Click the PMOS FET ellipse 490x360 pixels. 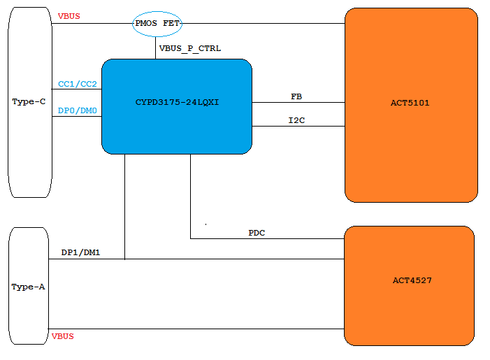[157, 23]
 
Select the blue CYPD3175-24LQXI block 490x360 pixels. [176, 106]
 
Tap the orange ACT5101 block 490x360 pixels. [410, 105]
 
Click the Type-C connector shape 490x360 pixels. [29, 102]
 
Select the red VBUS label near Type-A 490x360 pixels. [63, 336]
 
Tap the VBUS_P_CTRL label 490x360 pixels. [190, 48]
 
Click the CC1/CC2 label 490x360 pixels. [78, 84]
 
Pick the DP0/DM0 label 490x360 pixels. [78, 110]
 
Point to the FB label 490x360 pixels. [296, 96]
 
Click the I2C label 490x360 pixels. [296, 120]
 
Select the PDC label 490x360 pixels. [257, 232]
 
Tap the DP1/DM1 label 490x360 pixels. [81, 252]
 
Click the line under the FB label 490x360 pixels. [298, 103]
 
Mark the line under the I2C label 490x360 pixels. [298, 127]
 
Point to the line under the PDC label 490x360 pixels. [266, 238]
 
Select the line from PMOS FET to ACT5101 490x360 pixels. [262, 23]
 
